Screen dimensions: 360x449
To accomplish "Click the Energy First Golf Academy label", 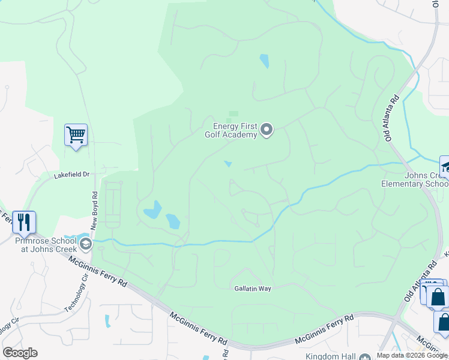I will [235, 130].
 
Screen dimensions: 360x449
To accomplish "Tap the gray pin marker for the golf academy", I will [267, 130].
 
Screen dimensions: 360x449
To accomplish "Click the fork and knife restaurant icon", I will [23, 221].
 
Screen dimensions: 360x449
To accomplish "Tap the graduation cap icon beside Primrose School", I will [86, 243].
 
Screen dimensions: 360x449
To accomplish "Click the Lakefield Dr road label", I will [71, 175].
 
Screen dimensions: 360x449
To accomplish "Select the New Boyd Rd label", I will [94, 211].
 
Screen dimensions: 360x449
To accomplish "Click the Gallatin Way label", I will [253, 289].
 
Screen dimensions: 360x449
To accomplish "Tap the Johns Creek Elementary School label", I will [414, 179].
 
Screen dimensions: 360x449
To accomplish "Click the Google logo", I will [20, 353].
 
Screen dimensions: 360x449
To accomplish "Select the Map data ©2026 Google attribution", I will [412, 355].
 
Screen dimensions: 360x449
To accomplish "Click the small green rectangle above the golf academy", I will [234, 113].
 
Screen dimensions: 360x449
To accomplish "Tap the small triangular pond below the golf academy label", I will [228, 164].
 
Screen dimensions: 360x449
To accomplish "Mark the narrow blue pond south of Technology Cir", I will [108, 321].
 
